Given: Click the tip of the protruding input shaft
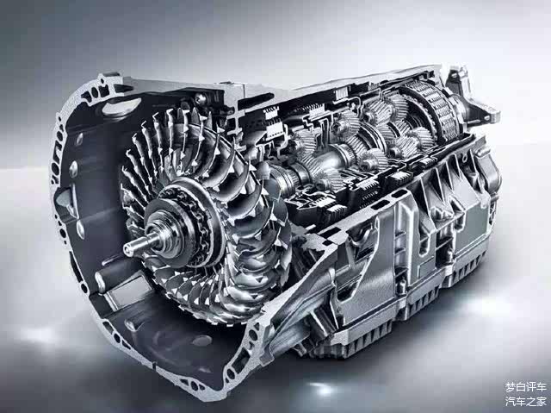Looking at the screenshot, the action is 126,247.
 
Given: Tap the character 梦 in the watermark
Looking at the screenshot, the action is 510,388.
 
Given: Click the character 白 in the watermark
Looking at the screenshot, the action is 520,388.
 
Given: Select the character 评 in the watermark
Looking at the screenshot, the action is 531,388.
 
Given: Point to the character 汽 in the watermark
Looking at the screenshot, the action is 510,401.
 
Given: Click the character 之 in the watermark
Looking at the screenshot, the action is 531,401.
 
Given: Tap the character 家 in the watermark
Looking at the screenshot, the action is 542,401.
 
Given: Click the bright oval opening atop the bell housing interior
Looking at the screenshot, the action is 121,106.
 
